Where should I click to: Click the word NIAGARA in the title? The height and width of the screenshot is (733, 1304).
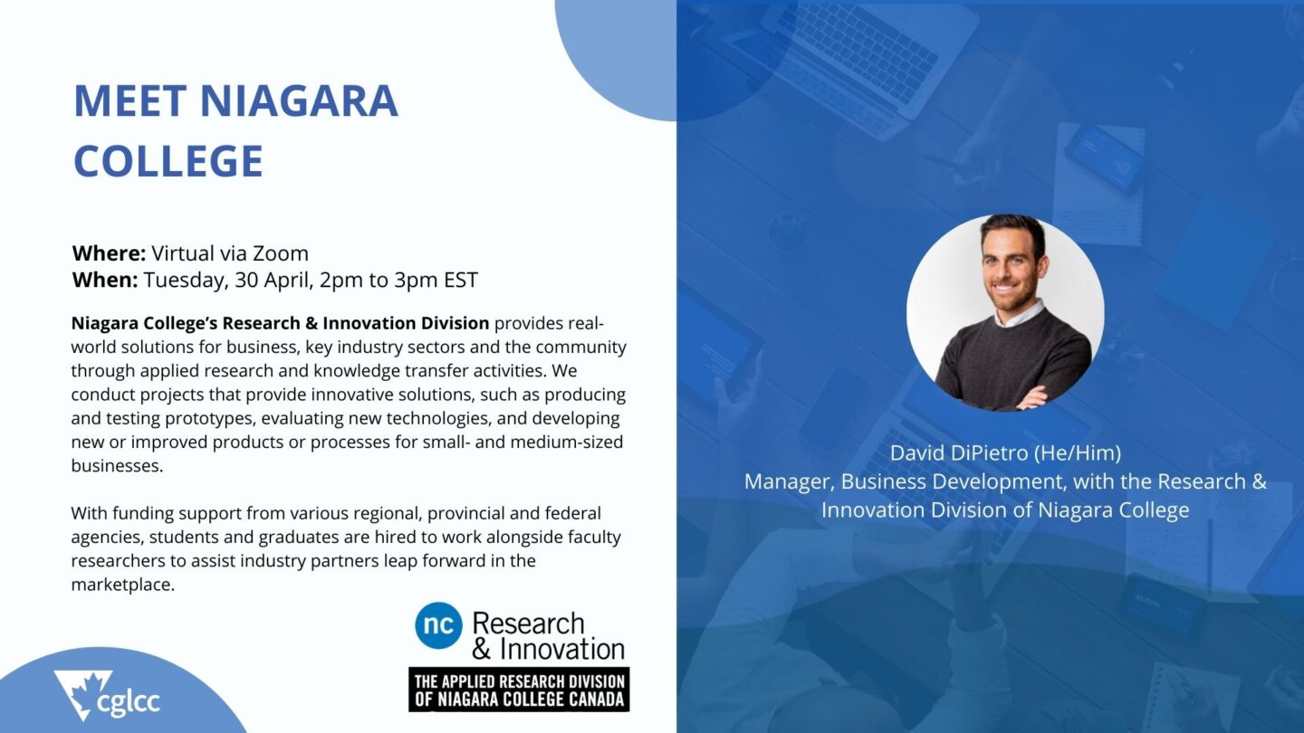coord(299,100)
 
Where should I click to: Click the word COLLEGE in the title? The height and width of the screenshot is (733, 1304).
coord(168,161)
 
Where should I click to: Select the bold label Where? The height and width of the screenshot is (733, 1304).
coord(109,253)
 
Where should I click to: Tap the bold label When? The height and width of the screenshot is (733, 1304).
coord(105,280)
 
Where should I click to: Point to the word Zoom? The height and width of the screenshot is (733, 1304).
coord(281,253)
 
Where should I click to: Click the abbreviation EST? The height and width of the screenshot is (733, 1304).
coord(460,280)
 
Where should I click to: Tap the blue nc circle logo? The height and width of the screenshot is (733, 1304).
coord(438,625)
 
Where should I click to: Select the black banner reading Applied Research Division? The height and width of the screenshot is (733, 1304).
coord(519,690)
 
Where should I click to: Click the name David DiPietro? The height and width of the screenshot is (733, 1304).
coord(959,453)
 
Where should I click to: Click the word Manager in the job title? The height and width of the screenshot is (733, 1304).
coord(789,482)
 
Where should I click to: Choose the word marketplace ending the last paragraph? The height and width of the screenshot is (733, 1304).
coord(123,585)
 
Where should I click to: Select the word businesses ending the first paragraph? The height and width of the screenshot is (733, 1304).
coord(117,466)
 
